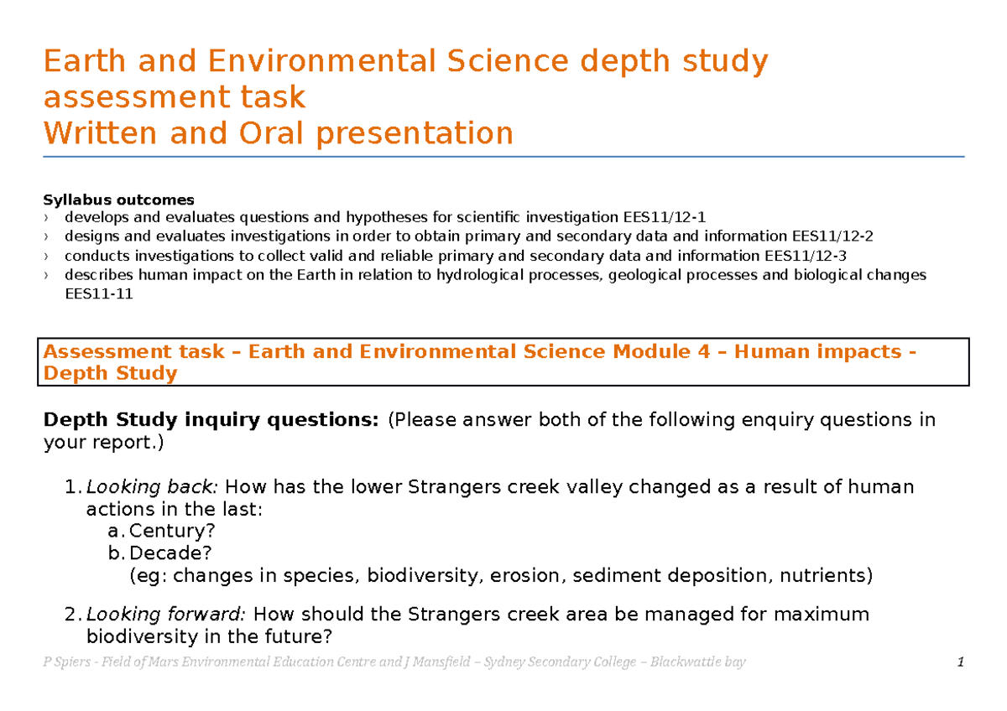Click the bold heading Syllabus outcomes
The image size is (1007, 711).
tap(118, 200)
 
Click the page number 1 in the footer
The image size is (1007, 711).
tap(959, 662)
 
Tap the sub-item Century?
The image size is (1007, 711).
tap(173, 531)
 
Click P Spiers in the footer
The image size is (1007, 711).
tap(65, 662)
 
